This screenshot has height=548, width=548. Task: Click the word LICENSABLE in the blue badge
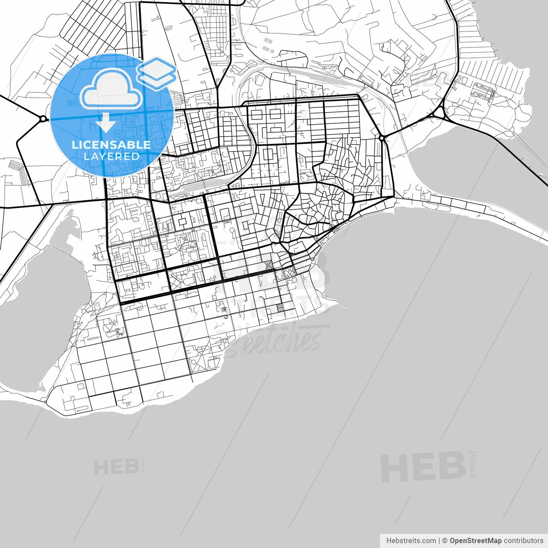(x=111, y=145)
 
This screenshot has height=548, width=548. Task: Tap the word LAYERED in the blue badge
(x=111, y=156)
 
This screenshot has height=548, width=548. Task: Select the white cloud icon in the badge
(x=111, y=89)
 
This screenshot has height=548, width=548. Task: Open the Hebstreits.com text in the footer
(x=411, y=541)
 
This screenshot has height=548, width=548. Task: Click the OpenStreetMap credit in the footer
(x=475, y=541)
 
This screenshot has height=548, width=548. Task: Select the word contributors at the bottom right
(x=523, y=541)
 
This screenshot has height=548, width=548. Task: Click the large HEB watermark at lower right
(x=423, y=467)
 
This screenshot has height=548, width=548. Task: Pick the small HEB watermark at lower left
(x=116, y=467)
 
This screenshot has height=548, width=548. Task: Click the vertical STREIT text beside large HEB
(x=473, y=463)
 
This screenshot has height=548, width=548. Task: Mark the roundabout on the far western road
(x=43, y=119)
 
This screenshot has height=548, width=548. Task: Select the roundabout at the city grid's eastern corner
(x=381, y=138)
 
